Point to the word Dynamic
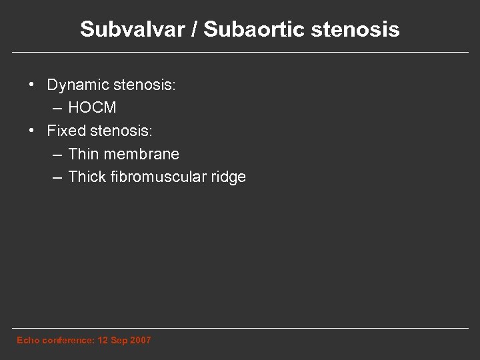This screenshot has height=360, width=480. point(79,86)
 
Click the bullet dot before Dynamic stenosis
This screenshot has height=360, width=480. point(31,86)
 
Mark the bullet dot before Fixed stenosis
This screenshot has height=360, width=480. point(31,131)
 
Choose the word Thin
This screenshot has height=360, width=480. point(83,154)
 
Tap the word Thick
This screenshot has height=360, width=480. point(86,177)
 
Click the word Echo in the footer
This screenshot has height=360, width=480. point(27,341)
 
